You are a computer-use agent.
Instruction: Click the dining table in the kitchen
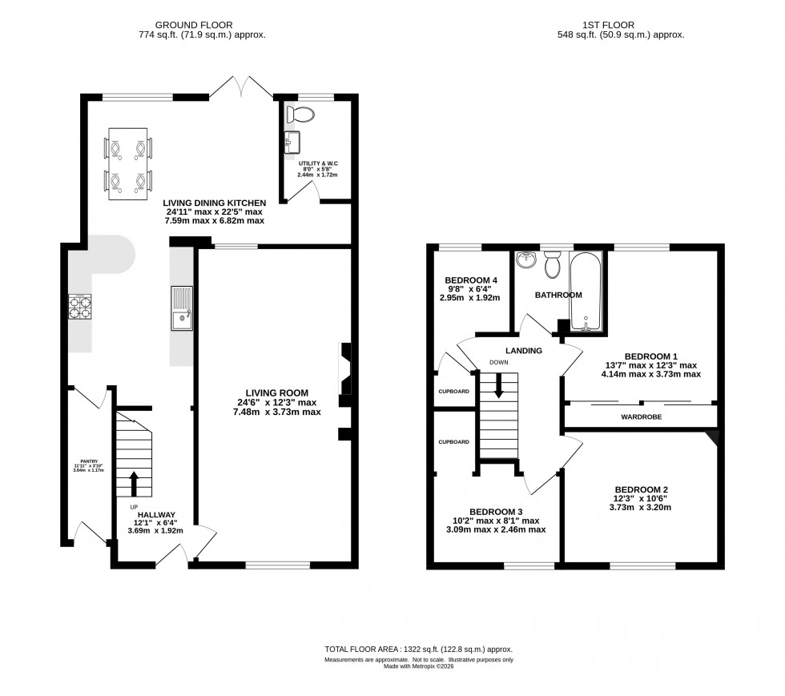pos(128,165)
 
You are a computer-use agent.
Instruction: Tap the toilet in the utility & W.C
pos(302,115)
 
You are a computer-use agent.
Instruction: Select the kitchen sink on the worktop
pos(181,308)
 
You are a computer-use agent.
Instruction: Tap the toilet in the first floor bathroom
pos(552,264)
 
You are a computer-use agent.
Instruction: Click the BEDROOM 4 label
pos(471,280)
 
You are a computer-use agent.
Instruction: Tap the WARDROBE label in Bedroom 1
pos(642,416)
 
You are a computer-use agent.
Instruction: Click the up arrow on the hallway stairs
pos(133,484)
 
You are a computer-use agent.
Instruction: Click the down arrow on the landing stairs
pos(498,387)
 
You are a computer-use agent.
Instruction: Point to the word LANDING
pos(524,351)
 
